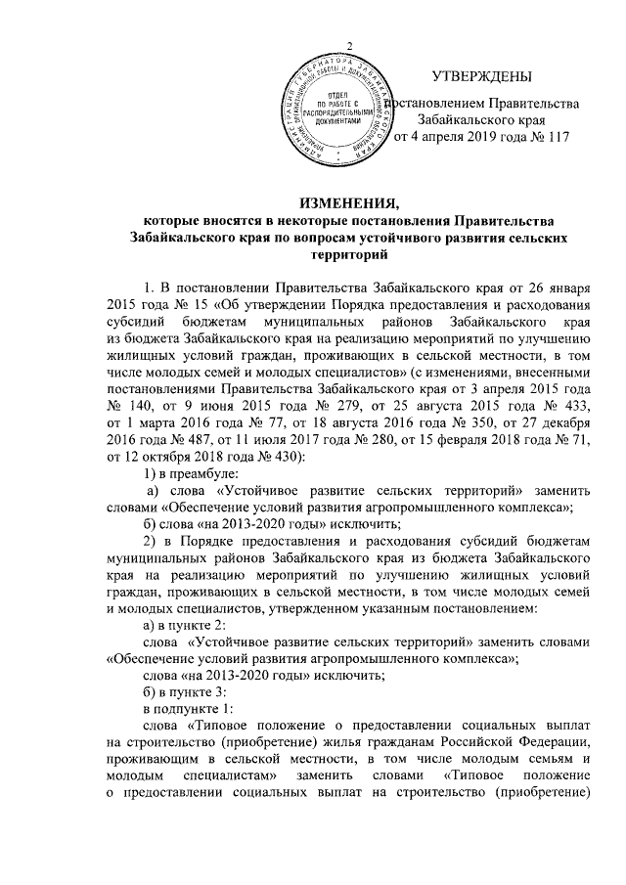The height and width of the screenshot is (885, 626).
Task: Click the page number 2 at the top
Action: (348, 50)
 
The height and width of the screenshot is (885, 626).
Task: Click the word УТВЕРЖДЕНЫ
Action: (483, 76)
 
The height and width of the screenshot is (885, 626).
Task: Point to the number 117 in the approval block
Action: (555, 137)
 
